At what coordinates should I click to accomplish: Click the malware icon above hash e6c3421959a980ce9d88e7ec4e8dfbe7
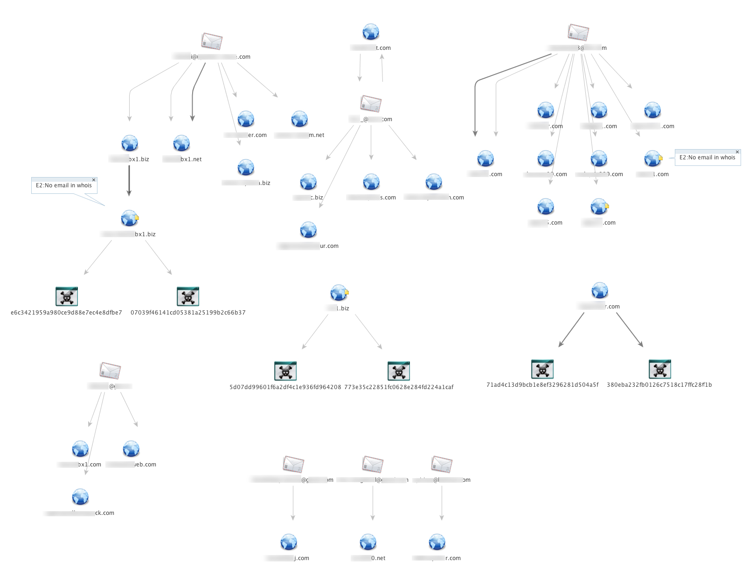tap(66, 296)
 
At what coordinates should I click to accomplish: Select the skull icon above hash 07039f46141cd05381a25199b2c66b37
tap(188, 296)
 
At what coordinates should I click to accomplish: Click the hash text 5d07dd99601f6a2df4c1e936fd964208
tap(285, 387)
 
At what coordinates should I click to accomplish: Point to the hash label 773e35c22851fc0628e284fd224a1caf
tap(399, 387)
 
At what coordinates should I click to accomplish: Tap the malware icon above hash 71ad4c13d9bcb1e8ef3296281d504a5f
tap(542, 369)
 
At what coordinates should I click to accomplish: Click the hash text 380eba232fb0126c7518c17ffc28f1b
tap(659, 385)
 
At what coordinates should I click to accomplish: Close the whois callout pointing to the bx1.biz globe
tap(94, 180)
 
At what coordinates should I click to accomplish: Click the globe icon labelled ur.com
tap(308, 230)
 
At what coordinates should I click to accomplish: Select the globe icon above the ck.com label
tap(81, 497)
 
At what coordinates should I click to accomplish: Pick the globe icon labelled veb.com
tap(131, 449)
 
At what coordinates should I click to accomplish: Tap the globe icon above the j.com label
tap(289, 542)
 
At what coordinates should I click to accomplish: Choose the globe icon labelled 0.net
tap(368, 542)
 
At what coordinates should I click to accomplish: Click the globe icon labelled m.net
tap(299, 119)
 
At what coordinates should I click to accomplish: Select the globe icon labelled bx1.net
tap(181, 144)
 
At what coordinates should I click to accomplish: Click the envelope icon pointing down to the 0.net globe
tap(373, 464)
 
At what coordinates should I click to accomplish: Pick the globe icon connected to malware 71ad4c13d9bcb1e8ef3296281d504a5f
tap(600, 290)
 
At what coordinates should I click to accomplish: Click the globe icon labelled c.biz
tap(308, 182)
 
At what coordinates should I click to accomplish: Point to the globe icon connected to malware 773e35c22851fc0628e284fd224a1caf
tap(339, 293)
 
